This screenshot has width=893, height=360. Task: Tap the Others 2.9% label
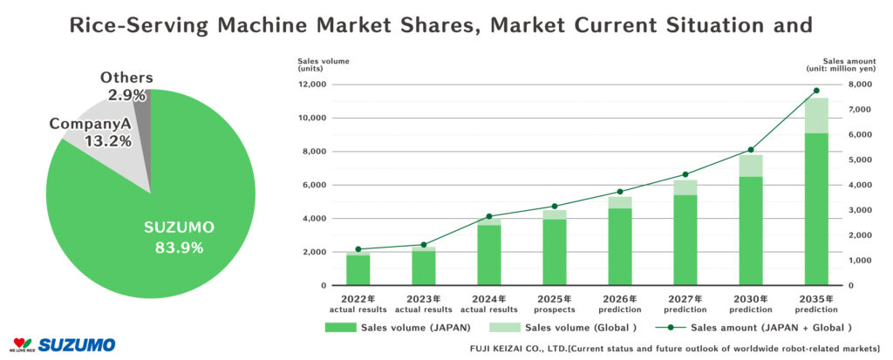point(126,85)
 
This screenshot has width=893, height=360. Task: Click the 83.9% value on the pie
point(179,248)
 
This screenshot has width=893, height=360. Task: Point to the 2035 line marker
point(816,91)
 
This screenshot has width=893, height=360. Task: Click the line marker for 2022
point(358,249)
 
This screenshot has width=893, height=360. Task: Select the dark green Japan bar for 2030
point(751,230)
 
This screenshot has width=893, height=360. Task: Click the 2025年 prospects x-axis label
point(555,304)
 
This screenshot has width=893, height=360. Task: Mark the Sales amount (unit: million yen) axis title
point(839,66)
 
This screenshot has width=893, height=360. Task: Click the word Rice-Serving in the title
point(130,25)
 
